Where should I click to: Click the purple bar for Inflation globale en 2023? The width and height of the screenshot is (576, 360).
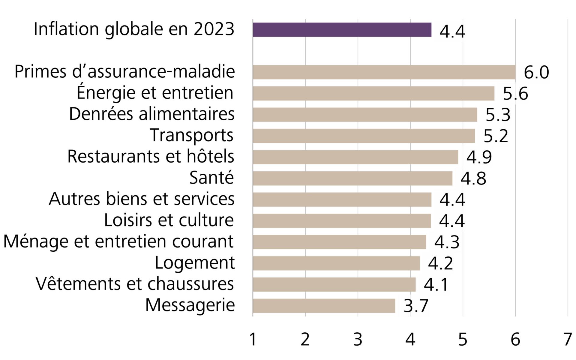(x=342, y=30)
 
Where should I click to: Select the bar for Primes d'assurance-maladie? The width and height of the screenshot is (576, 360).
(x=384, y=72)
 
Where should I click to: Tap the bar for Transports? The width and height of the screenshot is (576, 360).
(x=364, y=136)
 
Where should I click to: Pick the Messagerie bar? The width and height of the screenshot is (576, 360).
(x=324, y=306)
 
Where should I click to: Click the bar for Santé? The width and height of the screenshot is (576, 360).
(x=352, y=178)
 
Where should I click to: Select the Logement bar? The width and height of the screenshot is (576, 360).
(x=336, y=263)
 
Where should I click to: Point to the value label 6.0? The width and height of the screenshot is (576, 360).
(x=536, y=73)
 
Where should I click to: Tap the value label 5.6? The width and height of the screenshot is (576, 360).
(x=515, y=94)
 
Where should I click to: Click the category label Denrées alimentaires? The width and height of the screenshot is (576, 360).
(x=152, y=114)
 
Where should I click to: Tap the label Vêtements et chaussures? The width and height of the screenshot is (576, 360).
(x=135, y=284)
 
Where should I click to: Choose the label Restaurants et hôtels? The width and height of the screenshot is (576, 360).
(x=151, y=157)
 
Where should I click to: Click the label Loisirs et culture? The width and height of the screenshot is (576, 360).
(x=169, y=220)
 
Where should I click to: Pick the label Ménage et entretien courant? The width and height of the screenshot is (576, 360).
(x=118, y=242)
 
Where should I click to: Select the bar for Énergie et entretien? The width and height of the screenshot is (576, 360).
(x=373, y=93)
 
